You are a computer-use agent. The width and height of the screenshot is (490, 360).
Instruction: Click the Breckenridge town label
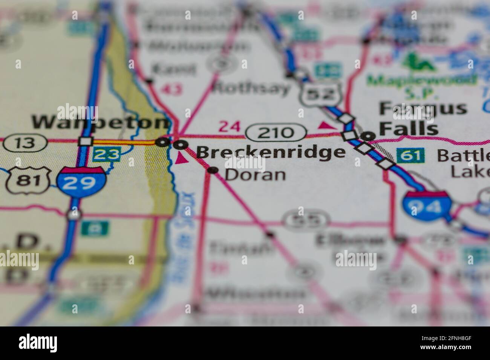tap(270, 152)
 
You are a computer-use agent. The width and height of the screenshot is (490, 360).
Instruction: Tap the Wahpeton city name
tap(100, 122)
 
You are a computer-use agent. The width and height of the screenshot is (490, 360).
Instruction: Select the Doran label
tap(255, 175)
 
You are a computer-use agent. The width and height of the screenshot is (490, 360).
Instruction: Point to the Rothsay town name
tap(251, 88)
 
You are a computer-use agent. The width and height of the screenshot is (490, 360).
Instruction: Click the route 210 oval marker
tap(276, 133)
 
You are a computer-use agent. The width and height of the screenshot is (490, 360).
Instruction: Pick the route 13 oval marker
tap(25, 143)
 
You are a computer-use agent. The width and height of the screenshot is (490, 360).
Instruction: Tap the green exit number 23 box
tap(107, 154)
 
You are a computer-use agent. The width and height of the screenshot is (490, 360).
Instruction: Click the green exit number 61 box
tap(410, 155)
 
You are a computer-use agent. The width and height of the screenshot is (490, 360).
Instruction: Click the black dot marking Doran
tap(213, 171)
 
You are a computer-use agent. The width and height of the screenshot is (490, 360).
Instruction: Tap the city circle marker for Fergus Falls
tap(368, 136)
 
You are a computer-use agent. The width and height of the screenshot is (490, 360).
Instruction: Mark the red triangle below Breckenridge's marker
tap(181, 159)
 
